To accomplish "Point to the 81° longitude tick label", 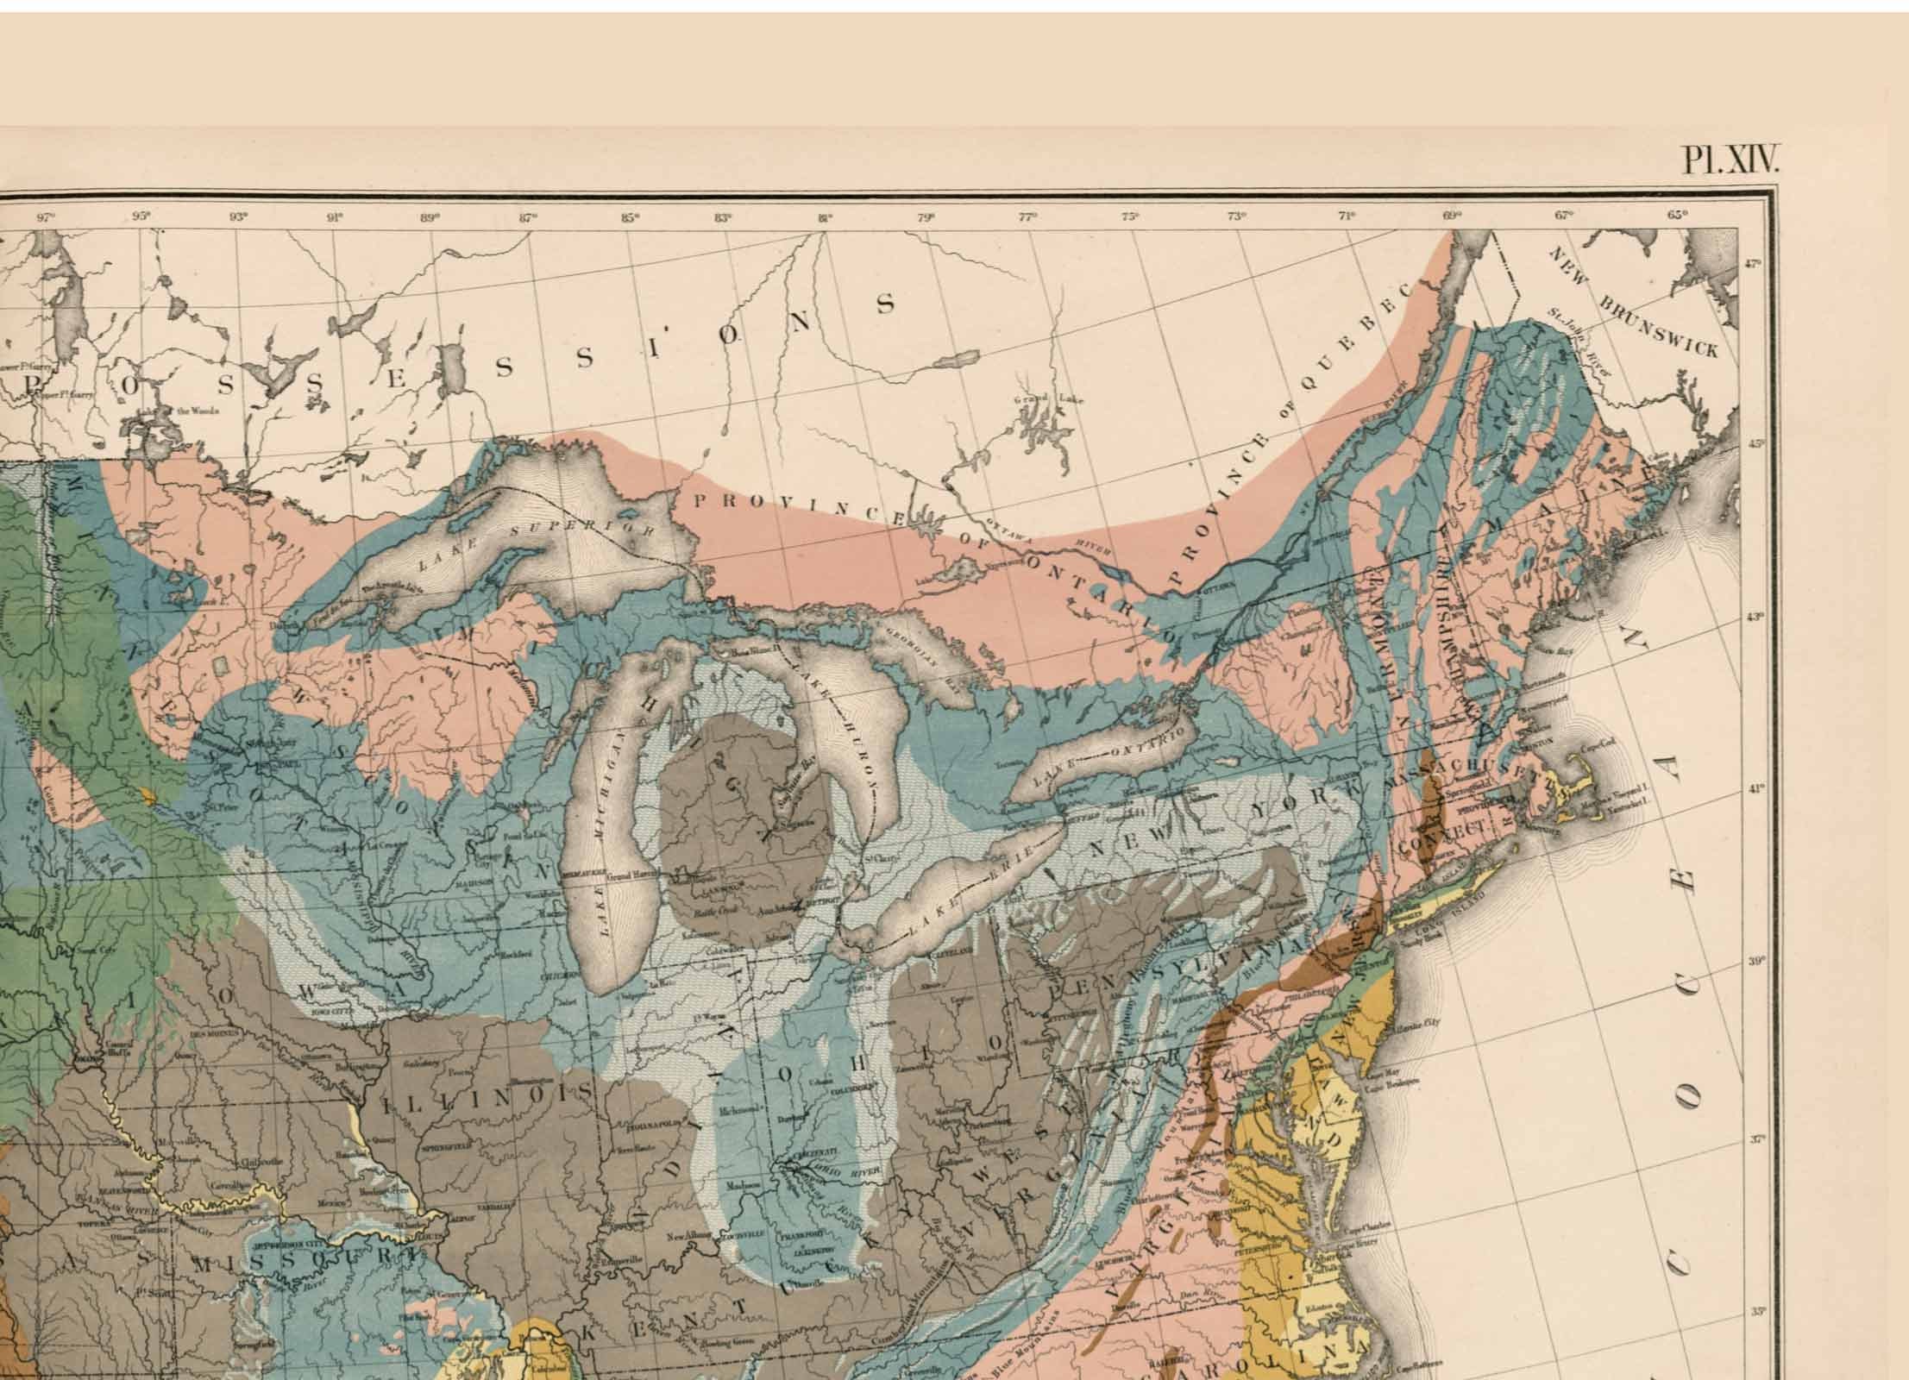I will coord(826,217).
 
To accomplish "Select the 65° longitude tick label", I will coord(1676,216).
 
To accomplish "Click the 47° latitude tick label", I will coord(1754,265).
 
